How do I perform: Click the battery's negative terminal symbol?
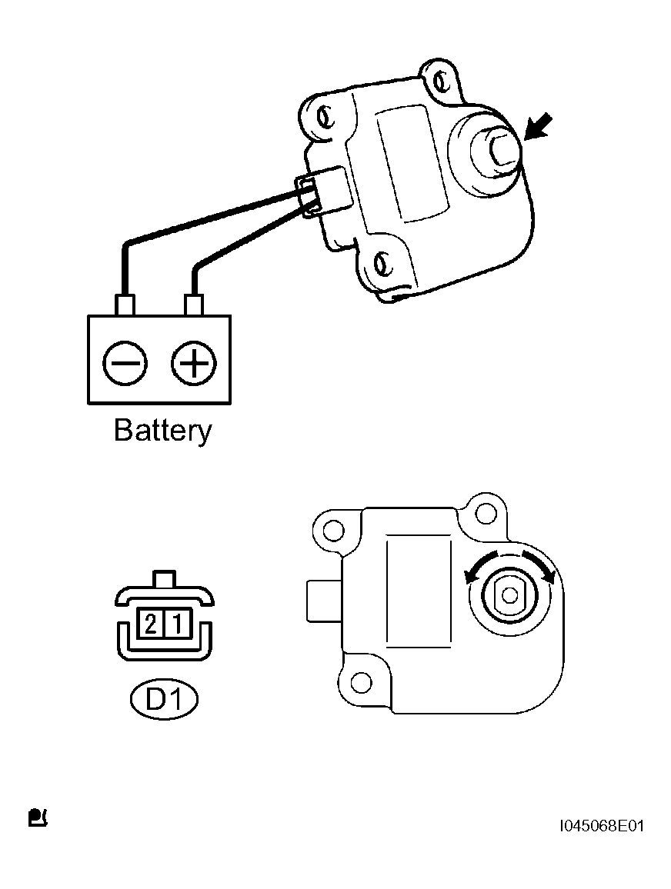tap(125, 363)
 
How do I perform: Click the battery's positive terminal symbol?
tap(193, 363)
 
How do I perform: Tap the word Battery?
tap(163, 431)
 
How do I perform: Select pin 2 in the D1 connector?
tap(151, 624)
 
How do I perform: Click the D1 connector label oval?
tap(165, 701)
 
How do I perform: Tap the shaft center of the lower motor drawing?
tap(509, 595)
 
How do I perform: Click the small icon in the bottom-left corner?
tap(38, 817)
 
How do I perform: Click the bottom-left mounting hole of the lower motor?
tap(360, 682)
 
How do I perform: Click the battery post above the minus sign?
tap(125, 305)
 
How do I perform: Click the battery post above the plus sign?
tap(193, 305)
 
